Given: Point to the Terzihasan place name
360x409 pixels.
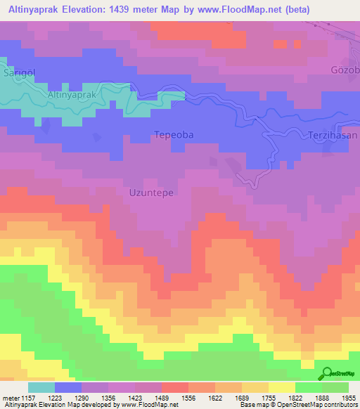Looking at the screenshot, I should (333, 135).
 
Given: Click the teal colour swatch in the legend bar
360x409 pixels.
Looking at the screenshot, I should (41, 387).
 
